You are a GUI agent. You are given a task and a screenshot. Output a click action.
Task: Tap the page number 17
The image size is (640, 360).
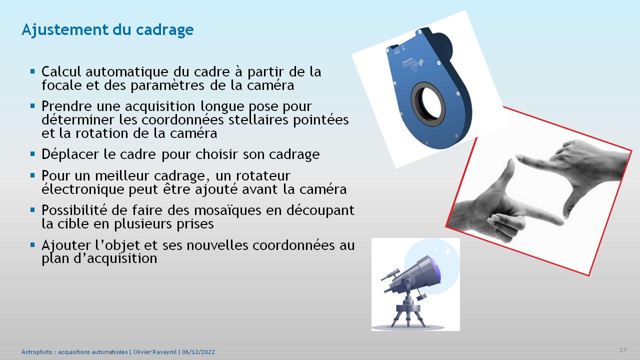[623, 350]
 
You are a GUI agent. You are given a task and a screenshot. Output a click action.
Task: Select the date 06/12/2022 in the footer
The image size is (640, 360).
[198, 352]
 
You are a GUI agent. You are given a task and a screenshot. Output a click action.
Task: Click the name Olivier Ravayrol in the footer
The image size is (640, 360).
[154, 352]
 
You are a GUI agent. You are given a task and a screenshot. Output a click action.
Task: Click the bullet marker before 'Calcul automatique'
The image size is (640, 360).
[32, 71]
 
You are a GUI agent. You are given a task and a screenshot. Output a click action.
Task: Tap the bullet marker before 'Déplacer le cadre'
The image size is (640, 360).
[32, 154]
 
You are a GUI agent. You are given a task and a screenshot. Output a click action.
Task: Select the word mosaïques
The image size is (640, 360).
[227, 210]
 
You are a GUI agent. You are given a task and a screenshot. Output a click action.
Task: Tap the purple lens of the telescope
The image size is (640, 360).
[436, 270]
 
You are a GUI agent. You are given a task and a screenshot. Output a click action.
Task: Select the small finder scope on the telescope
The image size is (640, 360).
[390, 274]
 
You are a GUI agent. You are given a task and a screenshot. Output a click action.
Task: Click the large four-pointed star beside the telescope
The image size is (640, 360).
[447, 251]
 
